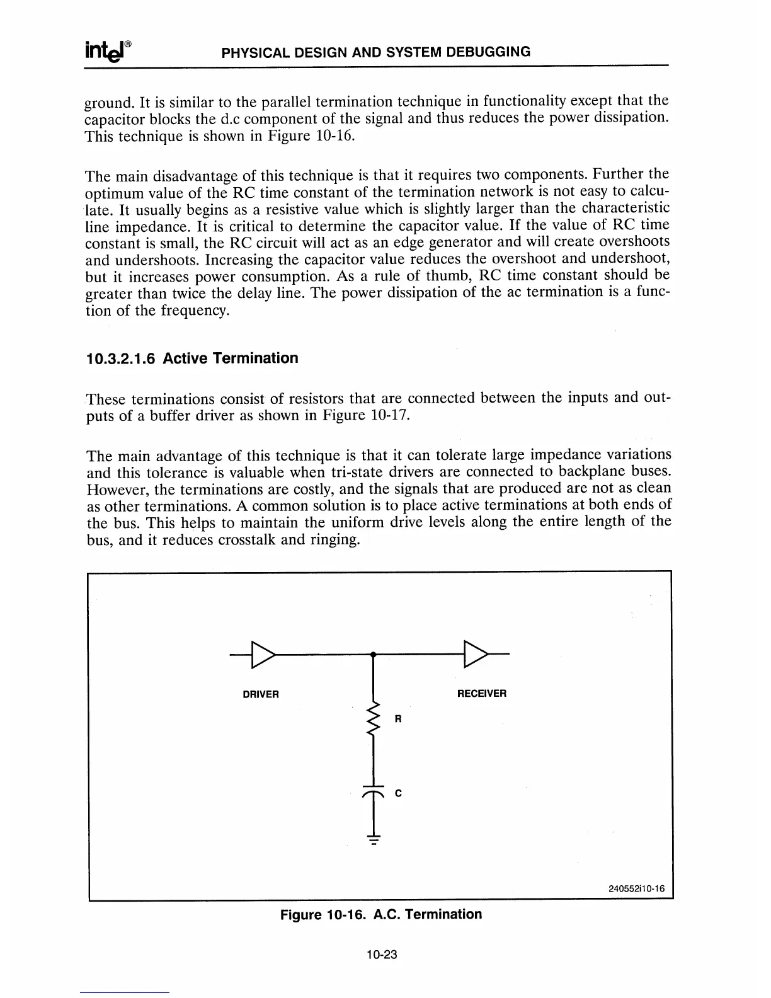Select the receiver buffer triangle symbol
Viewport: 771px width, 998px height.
click(x=475, y=655)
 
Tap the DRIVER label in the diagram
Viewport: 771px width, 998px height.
click(x=261, y=694)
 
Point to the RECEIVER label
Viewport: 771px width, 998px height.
click(x=481, y=694)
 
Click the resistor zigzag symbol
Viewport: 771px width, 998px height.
click(x=374, y=718)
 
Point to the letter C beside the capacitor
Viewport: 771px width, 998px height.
click(x=397, y=794)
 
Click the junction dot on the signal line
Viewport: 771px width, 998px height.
click(x=374, y=655)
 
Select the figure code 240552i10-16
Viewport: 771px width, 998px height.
click(x=637, y=889)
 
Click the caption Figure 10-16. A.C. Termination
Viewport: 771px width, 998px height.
click(x=380, y=914)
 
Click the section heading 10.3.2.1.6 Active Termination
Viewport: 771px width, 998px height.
click(x=191, y=358)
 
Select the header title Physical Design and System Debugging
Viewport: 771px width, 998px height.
click(x=376, y=52)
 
